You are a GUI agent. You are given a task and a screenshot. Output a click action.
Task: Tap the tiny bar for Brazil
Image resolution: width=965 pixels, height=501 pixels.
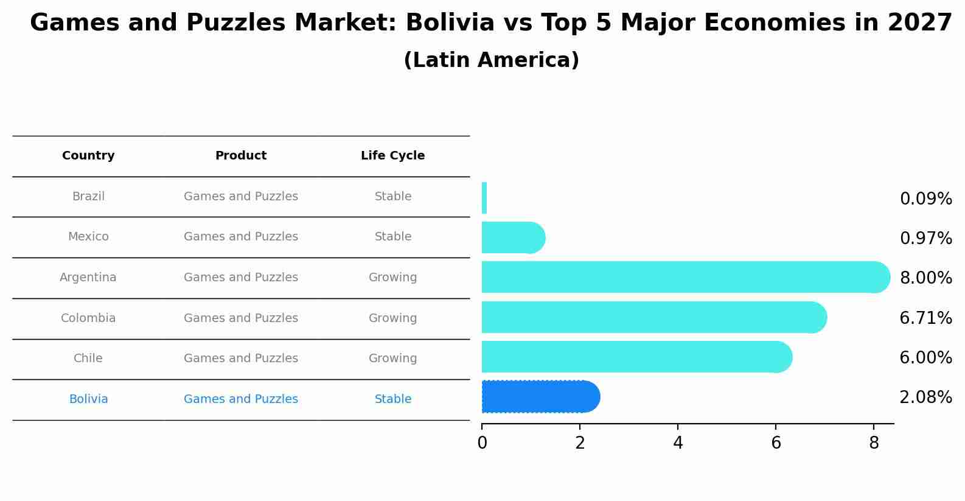(x=484, y=198)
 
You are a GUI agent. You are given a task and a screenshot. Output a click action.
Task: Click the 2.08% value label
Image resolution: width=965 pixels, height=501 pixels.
(x=925, y=398)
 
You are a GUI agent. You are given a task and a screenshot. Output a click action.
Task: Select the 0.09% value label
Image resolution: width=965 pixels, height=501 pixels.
(x=925, y=199)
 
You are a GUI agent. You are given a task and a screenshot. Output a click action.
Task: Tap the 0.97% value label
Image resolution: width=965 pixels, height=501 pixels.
(x=925, y=239)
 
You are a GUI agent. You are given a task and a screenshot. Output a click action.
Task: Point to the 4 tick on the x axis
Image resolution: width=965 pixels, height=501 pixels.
(x=678, y=443)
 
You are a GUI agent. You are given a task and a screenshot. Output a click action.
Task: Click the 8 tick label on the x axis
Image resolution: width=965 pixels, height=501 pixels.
(x=874, y=443)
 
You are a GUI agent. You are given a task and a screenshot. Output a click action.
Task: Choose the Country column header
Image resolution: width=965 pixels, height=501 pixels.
(x=88, y=156)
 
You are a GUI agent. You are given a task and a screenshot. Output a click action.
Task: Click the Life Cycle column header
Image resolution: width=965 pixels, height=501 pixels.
(x=392, y=156)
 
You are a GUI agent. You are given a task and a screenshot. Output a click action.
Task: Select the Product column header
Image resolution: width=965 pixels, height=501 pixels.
(x=241, y=156)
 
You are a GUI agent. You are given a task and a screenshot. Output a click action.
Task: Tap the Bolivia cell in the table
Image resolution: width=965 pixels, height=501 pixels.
(x=88, y=399)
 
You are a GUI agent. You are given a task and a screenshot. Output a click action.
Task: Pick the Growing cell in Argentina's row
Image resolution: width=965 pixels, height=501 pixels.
(x=392, y=278)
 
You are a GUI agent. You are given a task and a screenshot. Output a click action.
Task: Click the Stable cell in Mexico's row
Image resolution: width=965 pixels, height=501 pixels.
(x=392, y=237)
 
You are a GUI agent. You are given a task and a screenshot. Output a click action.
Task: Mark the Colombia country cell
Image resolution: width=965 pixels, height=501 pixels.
(x=88, y=318)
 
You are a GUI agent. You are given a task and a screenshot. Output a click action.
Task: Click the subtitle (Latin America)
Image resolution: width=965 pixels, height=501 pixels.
(x=491, y=60)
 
